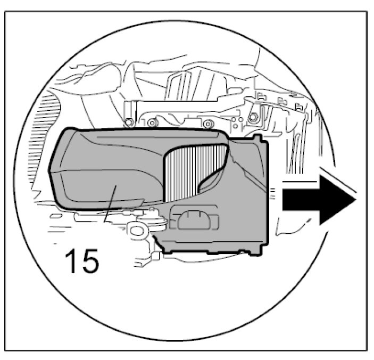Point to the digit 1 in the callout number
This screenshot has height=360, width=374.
coord(70,261)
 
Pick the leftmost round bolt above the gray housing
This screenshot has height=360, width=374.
coord(128,123)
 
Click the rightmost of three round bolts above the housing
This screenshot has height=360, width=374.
coord(208,124)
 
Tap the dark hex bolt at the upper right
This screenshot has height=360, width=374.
coord(255,118)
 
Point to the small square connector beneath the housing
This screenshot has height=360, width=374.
coord(156,256)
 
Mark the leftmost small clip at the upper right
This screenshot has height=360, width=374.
coord(262,97)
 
